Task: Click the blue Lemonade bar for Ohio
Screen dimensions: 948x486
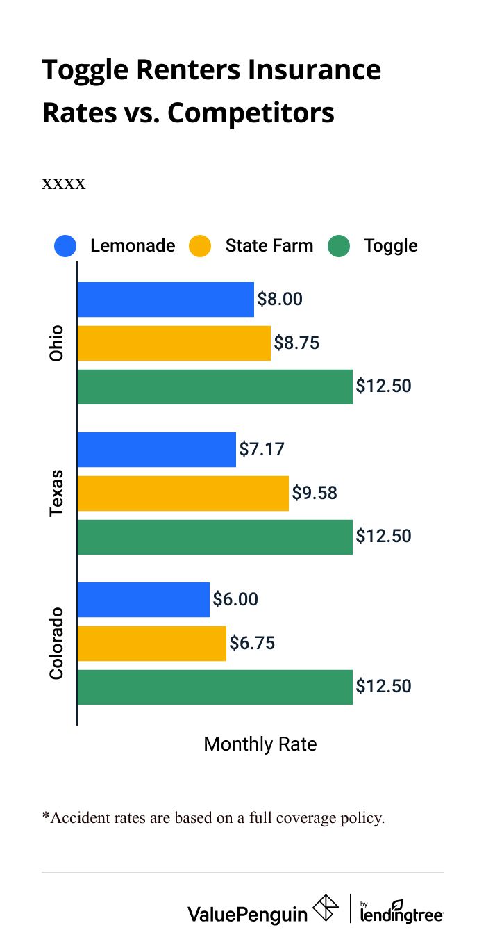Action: (165, 300)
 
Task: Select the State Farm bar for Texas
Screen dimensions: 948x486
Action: (183, 493)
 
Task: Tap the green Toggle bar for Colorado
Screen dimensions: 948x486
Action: (215, 687)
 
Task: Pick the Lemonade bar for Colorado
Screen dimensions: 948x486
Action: (143, 600)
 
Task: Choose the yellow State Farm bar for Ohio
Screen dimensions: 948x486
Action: (174, 343)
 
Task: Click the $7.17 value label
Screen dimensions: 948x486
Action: (262, 449)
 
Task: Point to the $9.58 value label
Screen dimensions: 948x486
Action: (315, 493)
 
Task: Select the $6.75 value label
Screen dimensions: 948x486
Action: (252, 643)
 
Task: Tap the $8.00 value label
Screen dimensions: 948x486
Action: (280, 299)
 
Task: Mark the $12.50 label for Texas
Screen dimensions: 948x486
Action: (383, 536)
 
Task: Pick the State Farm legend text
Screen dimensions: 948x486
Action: (269, 246)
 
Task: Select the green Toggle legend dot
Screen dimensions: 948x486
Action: (339, 246)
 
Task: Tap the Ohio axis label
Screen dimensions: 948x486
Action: (56, 343)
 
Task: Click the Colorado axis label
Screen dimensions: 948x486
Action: (56, 644)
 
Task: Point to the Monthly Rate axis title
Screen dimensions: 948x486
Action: (260, 744)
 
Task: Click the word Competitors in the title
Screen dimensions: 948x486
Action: (251, 113)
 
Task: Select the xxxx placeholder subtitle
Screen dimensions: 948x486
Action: (64, 184)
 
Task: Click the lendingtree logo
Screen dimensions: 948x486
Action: (401, 911)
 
